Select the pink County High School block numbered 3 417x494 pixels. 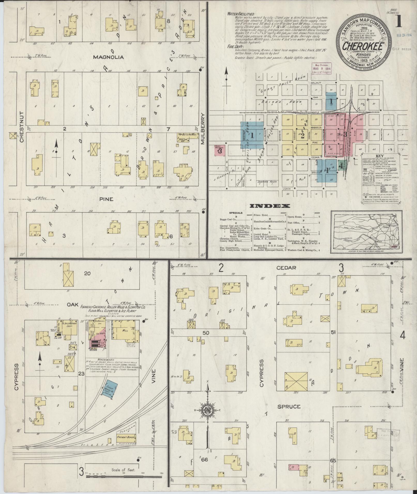point(219,151)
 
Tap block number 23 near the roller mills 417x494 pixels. point(81,373)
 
